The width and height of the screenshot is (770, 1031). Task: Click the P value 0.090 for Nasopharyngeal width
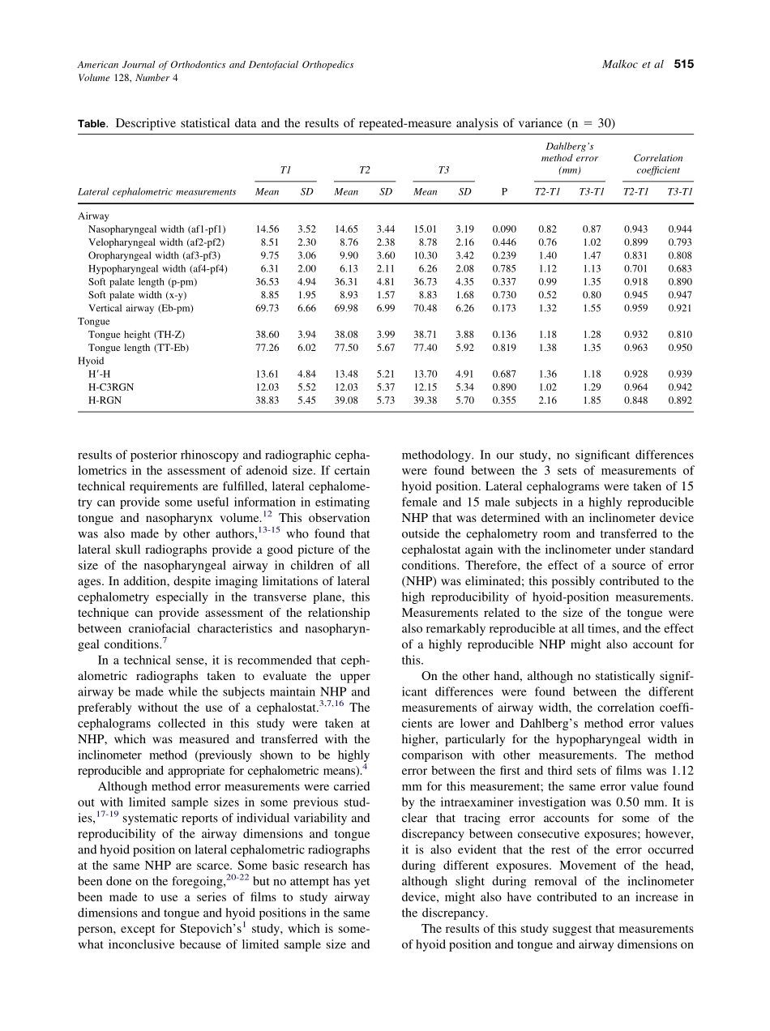click(x=504, y=229)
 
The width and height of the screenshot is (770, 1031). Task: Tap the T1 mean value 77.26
click(x=267, y=347)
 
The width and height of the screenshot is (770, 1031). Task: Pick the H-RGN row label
click(x=106, y=400)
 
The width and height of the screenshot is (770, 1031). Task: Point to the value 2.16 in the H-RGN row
click(x=548, y=400)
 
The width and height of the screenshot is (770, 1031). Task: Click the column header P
click(x=504, y=192)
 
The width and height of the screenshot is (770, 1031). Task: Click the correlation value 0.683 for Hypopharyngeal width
click(x=680, y=268)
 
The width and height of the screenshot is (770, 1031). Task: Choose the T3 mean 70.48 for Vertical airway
click(x=426, y=308)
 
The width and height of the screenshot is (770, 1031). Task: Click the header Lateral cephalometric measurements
click(x=156, y=192)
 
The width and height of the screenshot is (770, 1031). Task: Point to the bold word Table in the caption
click(x=92, y=124)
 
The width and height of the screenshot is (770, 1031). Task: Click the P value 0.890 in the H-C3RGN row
click(x=504, y=387)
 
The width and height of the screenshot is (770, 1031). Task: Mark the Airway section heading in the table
click(x=93, y=216)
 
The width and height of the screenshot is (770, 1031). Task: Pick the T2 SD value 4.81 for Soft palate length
click(x=386, y=281)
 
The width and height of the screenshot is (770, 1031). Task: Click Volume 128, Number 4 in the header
click(x=127, y=78)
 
